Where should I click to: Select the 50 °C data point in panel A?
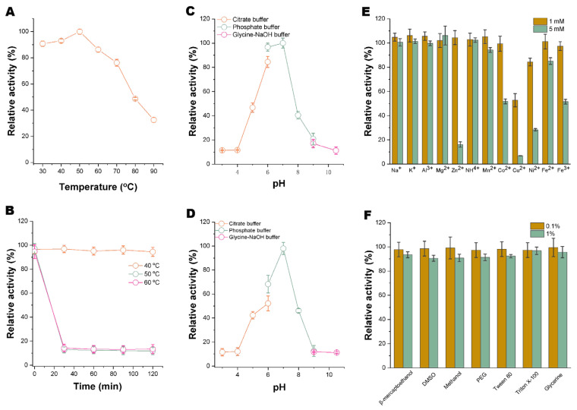pos(79,32)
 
